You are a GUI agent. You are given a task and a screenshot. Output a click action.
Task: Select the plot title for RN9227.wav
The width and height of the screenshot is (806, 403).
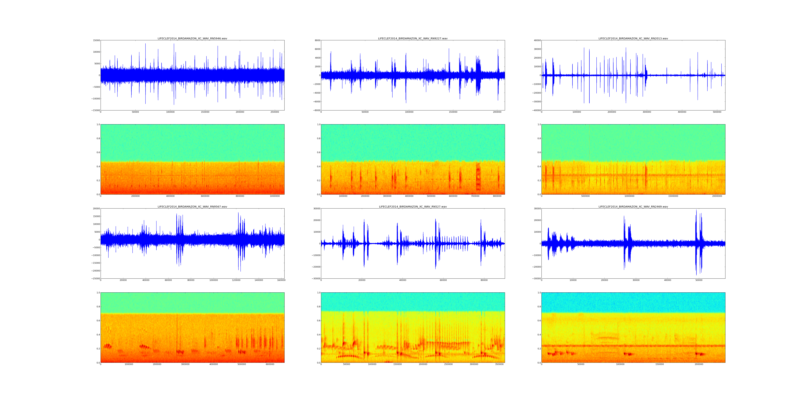413,38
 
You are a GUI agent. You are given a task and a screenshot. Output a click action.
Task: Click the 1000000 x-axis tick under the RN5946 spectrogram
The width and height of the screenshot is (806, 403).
275,196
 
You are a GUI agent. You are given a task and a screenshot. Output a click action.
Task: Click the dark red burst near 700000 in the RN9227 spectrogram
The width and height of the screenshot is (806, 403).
478,177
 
